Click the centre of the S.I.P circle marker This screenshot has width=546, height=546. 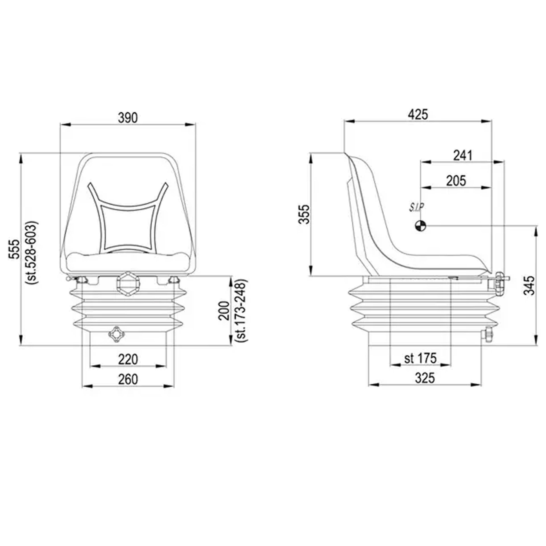[421, 226]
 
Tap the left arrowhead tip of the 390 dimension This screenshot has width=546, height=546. [61, 124]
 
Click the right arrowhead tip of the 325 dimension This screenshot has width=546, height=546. [481, 385]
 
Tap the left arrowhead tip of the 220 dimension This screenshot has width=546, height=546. [90, 366]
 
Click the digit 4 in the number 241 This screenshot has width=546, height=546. [463, 156]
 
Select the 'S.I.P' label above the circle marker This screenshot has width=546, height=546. [416, 208]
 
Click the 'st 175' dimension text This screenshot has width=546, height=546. [420, 358]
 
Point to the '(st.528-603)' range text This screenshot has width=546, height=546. [31, 253]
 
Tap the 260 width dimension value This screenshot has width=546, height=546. [128, 379]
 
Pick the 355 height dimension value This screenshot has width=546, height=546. [305, 214]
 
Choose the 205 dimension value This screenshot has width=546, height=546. [456, 181]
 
